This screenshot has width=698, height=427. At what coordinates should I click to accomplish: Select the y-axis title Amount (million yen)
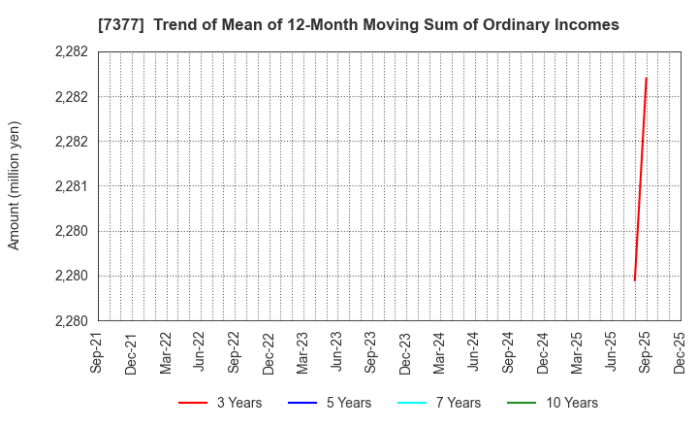[x=14, y=185]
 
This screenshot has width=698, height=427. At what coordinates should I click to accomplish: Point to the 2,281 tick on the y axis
[x=74, y=186]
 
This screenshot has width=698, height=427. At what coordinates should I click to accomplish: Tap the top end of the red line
[x=647, y=78]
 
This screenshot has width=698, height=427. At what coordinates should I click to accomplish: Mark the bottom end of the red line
[x=635, y=281]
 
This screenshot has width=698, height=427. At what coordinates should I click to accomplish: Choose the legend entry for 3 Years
[x=219, y=403]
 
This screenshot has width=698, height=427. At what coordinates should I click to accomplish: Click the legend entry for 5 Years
[x=333, y=403]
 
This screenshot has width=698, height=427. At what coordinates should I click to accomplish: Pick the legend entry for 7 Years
[x=444, y=403]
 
